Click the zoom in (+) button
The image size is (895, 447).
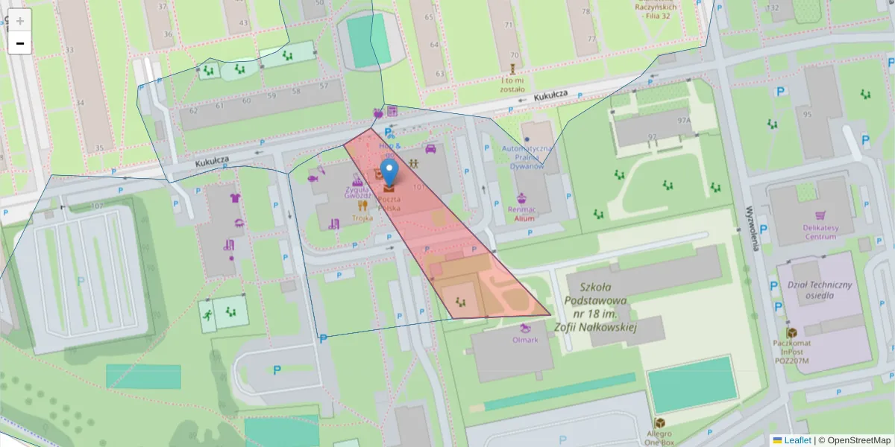click(x=20, y=20)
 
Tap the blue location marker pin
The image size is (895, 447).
click(x=389, y=172)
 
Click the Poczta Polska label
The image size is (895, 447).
click(x=389, y=205)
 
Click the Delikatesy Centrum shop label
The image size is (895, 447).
click(x=820, y=232)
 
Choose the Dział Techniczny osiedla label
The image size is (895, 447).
click(x=820, y=289)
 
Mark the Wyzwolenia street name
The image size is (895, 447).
click(x=753, y=227)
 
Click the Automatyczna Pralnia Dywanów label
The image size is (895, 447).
click(x=528, y=158)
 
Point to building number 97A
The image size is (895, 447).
click(x=684, y=119)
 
